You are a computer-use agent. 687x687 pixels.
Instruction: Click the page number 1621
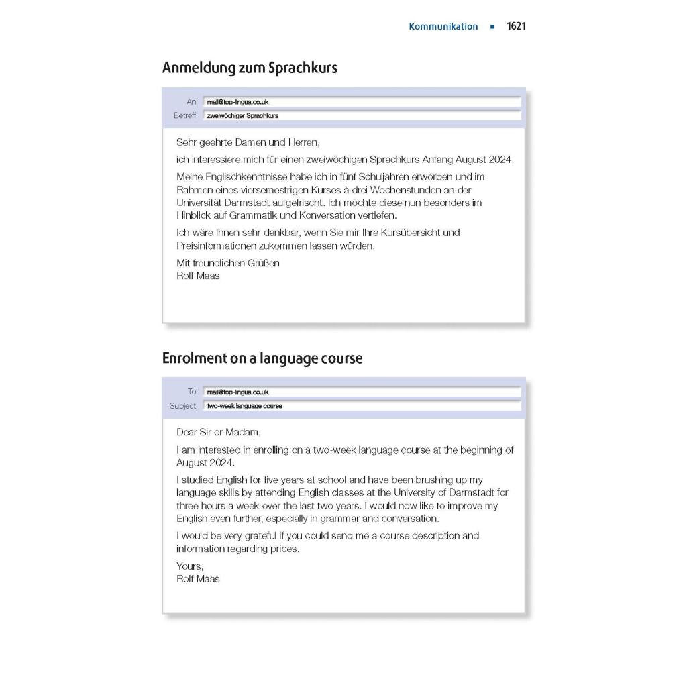click(516, 27)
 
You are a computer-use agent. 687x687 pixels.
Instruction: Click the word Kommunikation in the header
click(443, 27)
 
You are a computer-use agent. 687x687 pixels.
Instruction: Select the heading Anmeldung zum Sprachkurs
click(250, 68)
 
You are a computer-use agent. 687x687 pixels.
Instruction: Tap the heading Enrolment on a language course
click(262, 358)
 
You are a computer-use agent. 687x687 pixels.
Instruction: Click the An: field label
click(192, 102)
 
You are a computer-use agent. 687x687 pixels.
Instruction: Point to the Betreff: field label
click(185, 115)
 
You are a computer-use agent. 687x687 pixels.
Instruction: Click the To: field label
click(193, 392)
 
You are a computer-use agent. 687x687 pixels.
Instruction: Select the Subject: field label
click(183, 406)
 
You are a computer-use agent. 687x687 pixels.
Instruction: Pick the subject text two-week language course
click(244, 406)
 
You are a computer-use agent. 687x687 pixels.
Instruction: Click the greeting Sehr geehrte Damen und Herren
click(248, 142)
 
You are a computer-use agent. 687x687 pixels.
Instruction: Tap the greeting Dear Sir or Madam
click(218, 432)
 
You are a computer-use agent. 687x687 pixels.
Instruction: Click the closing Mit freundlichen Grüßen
click(227, 263)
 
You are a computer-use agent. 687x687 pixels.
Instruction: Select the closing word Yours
click(189, 566)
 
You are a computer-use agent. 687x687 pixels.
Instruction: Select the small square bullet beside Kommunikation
click(492, 27)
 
